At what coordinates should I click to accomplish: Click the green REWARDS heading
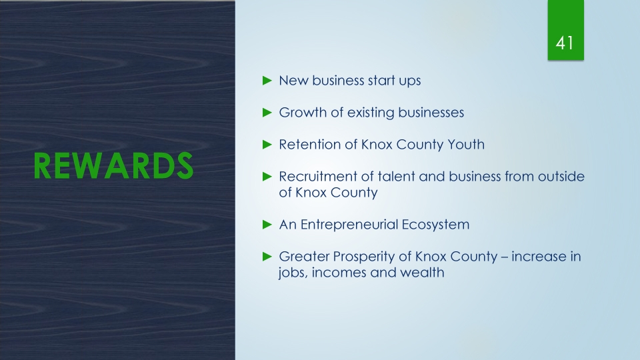[113, 166]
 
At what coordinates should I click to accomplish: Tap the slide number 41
[565, 43]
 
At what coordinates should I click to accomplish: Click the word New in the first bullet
[293, 81]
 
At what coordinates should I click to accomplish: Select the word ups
[410, 81]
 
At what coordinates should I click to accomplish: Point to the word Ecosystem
[435, 225]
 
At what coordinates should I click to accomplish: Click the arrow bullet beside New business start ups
[267, 81]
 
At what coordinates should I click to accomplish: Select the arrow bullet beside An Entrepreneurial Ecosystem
[267, 225]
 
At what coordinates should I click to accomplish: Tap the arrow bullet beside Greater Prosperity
[267, 256]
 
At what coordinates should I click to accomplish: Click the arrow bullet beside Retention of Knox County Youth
[267, 145]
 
